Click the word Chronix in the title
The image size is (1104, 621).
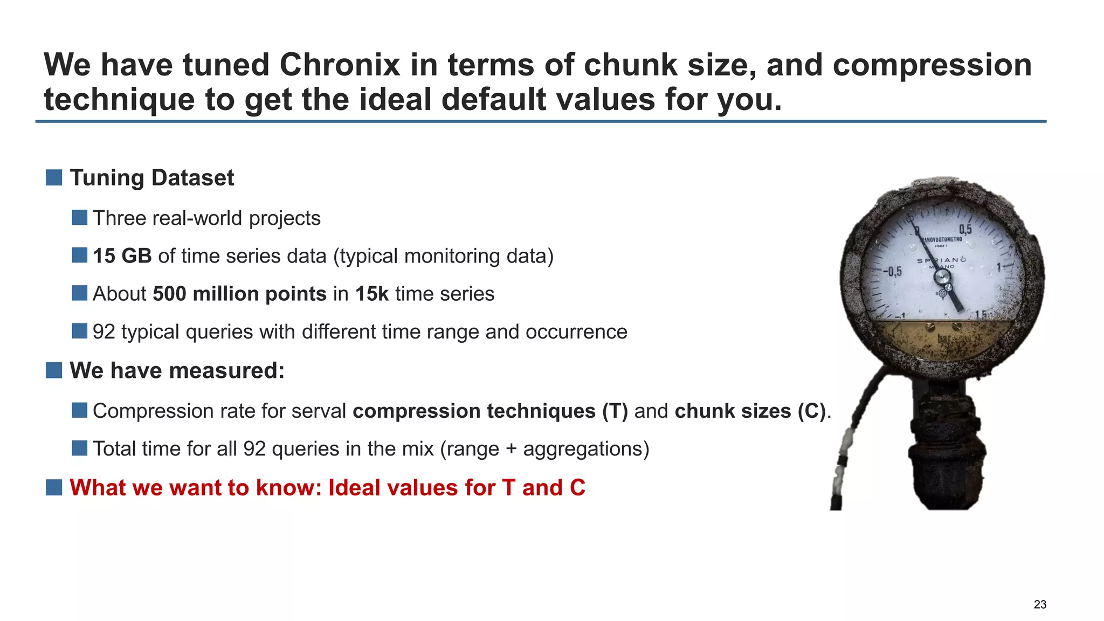tap(340, 65)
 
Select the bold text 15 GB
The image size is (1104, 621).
tap(122, 256)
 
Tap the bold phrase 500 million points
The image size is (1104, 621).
tap(239, 294)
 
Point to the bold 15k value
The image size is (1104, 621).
tap(371, 294)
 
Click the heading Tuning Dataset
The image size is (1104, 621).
tap(152, 178)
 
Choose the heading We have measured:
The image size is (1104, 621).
tap(177, 371)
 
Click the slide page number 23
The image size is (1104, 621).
tap(1040, 604)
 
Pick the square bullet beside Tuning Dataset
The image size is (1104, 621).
tap(54, 177)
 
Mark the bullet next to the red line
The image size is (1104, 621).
tap(54, 487)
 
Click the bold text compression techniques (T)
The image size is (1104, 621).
tap(490, 411)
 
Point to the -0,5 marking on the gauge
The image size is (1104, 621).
tap(892, 271)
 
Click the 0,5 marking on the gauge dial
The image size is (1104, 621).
tap(965, 230)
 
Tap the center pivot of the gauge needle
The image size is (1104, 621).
tap(942, 278)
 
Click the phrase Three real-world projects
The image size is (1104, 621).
tap(206, 218)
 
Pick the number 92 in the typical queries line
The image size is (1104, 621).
tap(103, 332)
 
